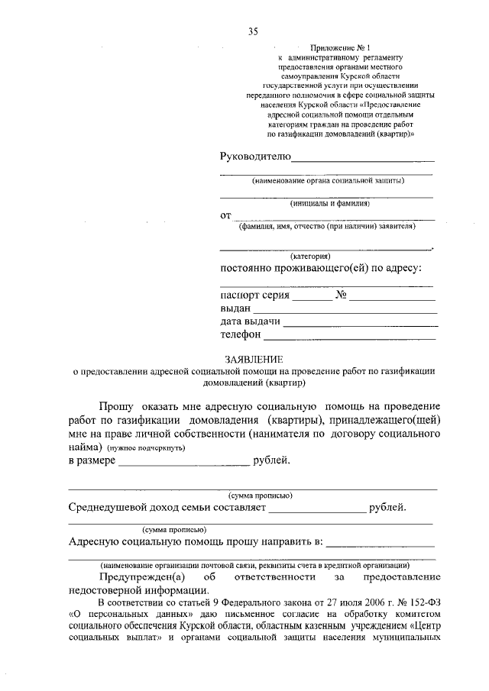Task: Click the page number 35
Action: pyautogui.click(x=253, y=31)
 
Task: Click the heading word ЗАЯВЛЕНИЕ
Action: pyautogui.click(x=254, y=359)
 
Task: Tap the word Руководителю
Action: pyautogui.click(x=255, y=157)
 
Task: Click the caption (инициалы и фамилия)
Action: pyautogui.click(x=329, y=204)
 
